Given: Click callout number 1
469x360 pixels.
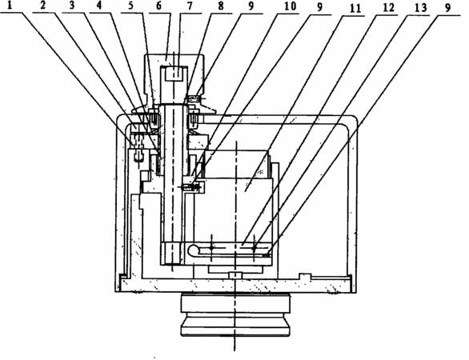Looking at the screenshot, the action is [x=10, y=6].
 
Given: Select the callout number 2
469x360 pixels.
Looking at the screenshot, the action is [x=43, y=6].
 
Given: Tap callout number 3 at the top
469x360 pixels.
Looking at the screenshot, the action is [x=71, y=6].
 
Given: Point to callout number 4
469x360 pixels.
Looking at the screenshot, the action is [x=100, y=6].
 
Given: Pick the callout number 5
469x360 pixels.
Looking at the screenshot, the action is [x=131, y=6].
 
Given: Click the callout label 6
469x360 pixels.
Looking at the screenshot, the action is [x=159, y=6].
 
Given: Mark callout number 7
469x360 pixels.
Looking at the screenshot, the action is [x=190, y=6].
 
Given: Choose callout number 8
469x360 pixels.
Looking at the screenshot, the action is [x=221, y=6].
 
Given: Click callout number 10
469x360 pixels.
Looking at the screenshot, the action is [x=290, y=6].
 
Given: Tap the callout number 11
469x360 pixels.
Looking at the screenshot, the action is [x=354, y=8].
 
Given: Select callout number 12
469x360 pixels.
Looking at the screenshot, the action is [x=388, y=8].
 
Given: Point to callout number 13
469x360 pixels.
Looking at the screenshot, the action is [x=420, y=8].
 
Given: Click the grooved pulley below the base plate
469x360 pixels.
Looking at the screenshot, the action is [x=235, y=314].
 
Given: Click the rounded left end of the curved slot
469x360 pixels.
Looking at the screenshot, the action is [x=192, y=249].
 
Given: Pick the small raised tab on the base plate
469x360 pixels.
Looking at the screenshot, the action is [x=305, y=276].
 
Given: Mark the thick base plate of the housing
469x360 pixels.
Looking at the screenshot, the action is [x=236, y=286].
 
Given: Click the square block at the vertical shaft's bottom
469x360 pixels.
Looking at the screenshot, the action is [x=172, y=254].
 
